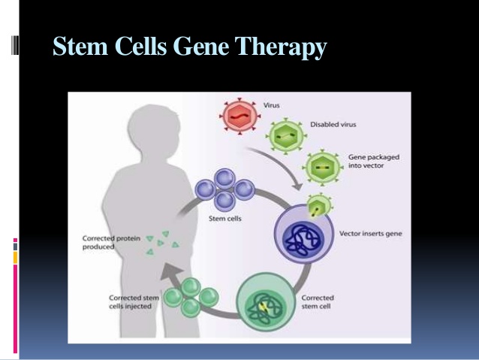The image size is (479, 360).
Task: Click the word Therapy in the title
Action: point(282,47)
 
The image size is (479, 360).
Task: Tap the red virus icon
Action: point(237,115)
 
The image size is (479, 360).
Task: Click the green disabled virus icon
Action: point(286,138)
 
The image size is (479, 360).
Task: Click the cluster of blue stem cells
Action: point(224,190)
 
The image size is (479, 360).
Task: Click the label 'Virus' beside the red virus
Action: point(271,105)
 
